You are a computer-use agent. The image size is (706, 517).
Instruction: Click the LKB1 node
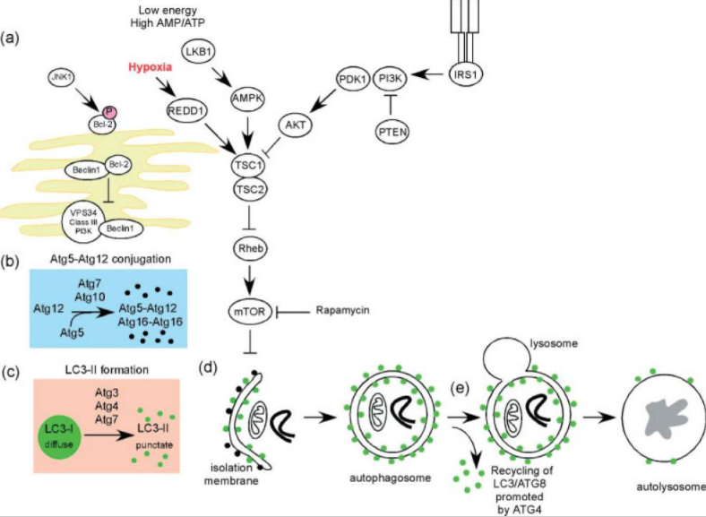click(198, 52)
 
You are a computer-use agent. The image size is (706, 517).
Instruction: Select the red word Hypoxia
click(150, 67)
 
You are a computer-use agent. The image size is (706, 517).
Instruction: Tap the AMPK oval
click(247, 99)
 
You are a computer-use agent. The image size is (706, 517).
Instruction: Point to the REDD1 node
click(185, 111)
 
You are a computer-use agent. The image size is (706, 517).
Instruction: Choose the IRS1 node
click(466, 74)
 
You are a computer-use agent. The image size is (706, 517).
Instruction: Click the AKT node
click(296, 125)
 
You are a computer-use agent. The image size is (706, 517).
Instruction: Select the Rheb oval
click(250, 248)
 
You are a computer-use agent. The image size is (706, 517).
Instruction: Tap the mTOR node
click(250, 311)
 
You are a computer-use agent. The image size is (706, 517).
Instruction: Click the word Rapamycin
click(342, 310)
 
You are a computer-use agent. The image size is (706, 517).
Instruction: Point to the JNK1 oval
click(62, 77)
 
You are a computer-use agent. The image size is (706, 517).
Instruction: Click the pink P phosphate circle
click(109, 112)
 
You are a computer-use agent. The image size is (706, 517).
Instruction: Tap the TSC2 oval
click(250, 190)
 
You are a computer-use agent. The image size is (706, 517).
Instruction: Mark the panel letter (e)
click(461, 388)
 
